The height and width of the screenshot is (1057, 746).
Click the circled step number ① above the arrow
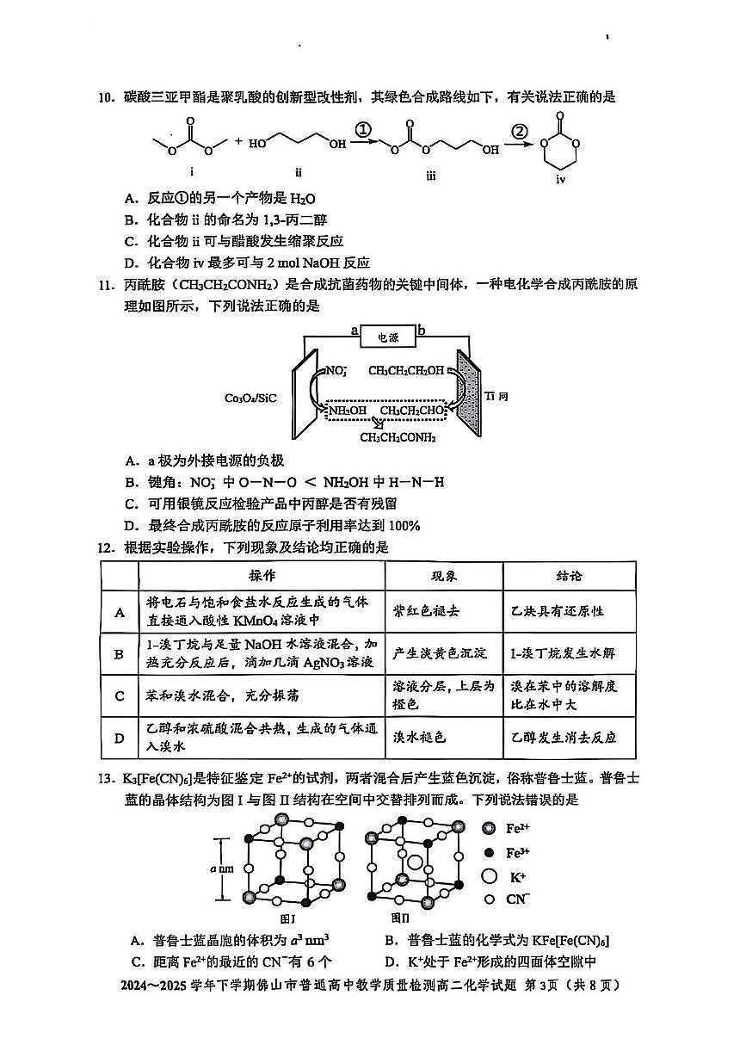tap(363, 129)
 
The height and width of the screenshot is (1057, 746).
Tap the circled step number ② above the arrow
tap(519, 131)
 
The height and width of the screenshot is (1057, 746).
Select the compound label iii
tap(430, 176)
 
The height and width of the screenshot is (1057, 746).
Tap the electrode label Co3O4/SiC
tap(250, 399)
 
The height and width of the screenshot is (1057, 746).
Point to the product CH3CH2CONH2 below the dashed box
tap(398, 437)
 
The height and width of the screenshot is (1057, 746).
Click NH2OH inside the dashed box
tap(347, 411)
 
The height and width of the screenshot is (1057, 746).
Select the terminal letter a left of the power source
tap(354, 331)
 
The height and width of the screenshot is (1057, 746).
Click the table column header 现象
tap(444, 576)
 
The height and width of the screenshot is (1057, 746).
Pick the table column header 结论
tap(569, 576)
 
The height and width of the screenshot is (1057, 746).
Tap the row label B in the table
tap(120, 654)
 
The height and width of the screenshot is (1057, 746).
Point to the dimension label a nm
tap(221, 868)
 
